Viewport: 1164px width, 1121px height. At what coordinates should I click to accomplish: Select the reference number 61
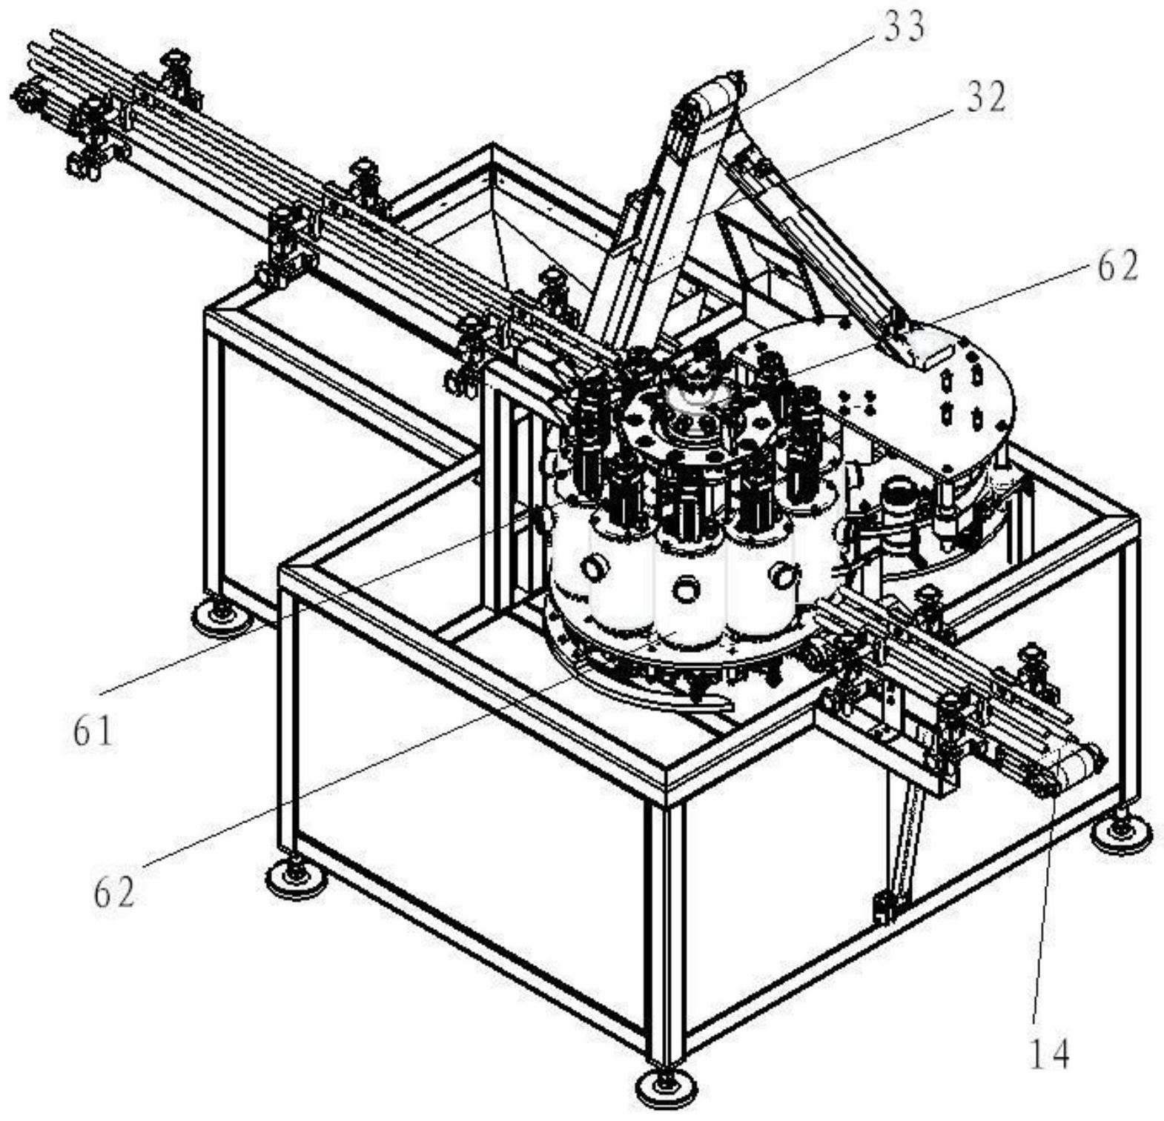(x=93, y=731)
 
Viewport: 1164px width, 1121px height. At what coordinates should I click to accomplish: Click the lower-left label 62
(x=115, y=892)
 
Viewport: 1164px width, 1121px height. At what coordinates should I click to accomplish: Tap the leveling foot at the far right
(x=1120, y=836)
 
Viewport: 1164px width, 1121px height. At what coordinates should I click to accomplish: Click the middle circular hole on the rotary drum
(x=687, y=589)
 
